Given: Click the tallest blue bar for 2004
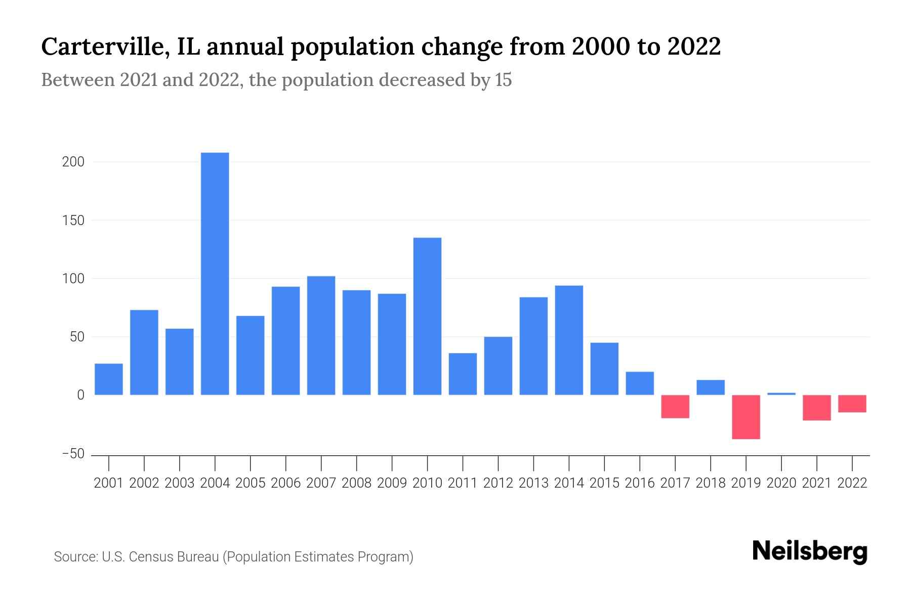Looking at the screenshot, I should point(215,273).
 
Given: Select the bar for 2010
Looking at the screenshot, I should point(427,316).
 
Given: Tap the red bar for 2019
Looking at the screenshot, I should point(746,417).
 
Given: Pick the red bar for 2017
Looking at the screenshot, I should point(675,407).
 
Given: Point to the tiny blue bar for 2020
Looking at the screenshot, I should point(781,394).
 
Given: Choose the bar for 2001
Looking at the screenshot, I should point(108,379).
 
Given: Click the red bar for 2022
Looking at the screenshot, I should point(852,404).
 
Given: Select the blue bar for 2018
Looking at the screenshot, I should point(711,387).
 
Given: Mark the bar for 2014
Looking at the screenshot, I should point(569,340).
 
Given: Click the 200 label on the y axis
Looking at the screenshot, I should point(73,162).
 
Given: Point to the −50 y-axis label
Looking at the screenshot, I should point(73,454).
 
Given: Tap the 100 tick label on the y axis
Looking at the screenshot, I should point(73,279).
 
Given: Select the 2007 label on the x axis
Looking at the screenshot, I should point(321,483).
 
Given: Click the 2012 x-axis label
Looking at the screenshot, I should point(498,483).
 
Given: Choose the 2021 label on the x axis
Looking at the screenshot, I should point(817,483).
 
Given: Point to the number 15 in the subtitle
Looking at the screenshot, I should point(503,80).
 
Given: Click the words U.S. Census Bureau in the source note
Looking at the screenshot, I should point(160,557).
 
